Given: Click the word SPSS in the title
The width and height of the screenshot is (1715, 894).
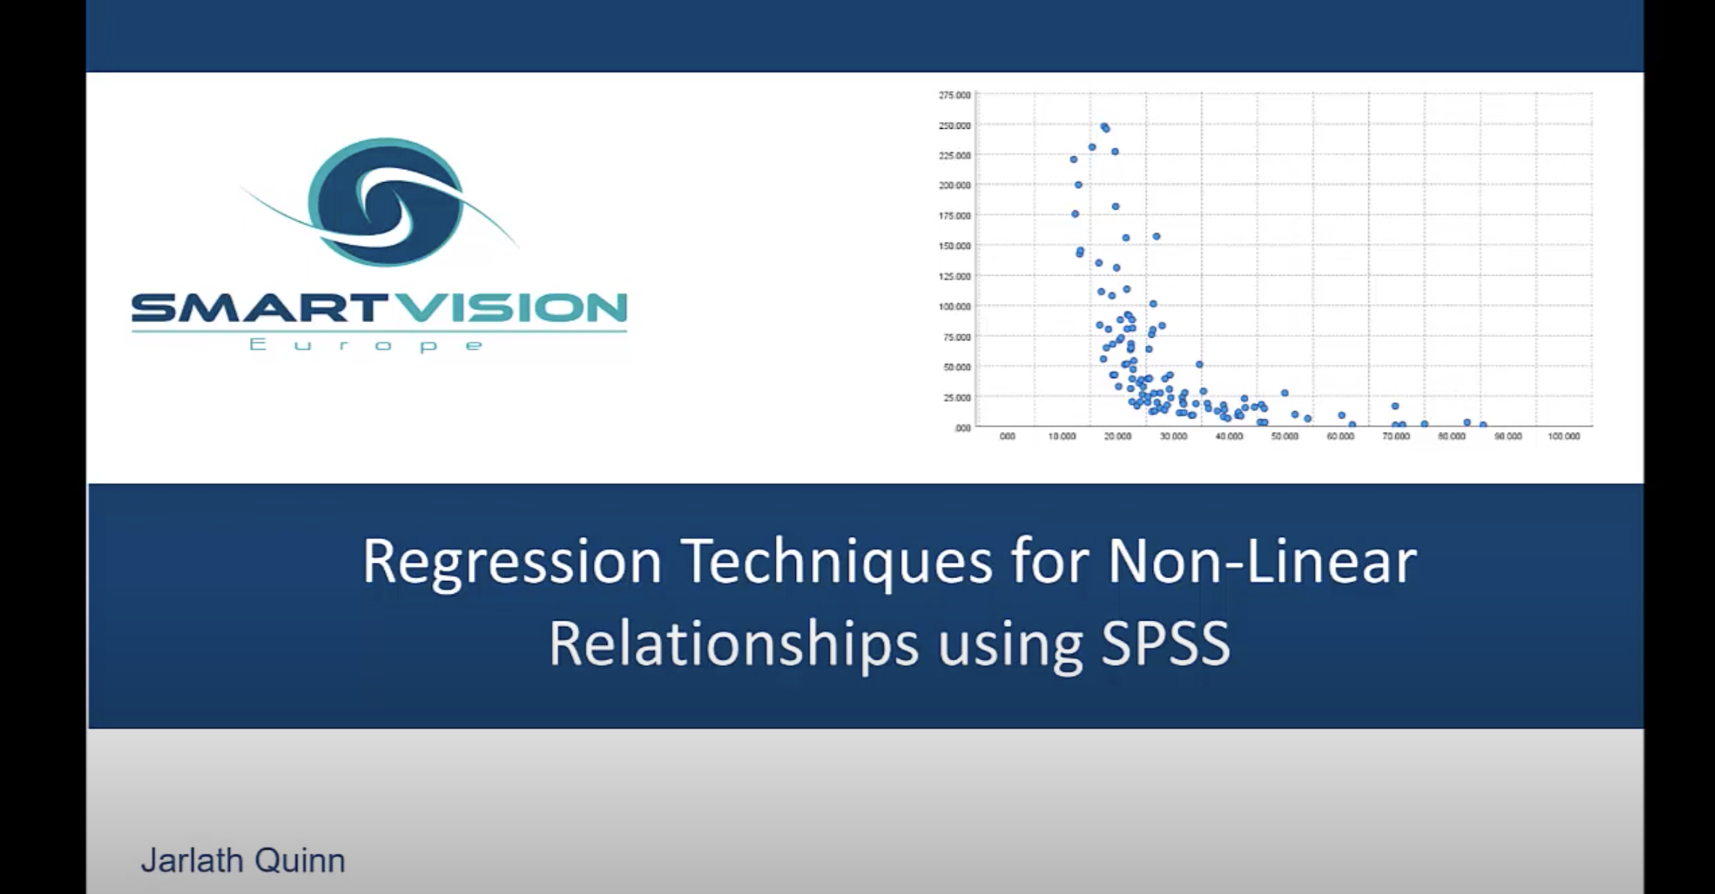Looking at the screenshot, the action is point(1165,644).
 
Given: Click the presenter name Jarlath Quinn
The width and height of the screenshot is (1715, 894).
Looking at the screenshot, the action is point(243,860).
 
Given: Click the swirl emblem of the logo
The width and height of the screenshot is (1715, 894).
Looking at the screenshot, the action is point(384,202).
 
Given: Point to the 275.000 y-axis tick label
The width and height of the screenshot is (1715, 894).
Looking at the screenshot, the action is point(954,95).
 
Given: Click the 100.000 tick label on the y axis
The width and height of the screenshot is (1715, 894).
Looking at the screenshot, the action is point(954,306).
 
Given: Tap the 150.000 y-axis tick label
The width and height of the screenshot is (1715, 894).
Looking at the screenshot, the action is point(954,246).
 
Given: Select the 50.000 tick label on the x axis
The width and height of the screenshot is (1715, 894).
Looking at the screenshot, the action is point(1284,437).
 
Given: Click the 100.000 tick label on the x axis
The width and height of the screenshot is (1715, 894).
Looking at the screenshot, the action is point(1564,437).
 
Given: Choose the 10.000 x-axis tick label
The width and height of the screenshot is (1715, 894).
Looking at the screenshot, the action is point(1061,437).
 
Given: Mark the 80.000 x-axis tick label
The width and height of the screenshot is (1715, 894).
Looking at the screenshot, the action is point(1451,437).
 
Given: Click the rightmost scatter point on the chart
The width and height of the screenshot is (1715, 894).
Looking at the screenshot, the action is point(1483,425).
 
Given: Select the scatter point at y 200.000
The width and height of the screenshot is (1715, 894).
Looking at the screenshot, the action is point(1078,184).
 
